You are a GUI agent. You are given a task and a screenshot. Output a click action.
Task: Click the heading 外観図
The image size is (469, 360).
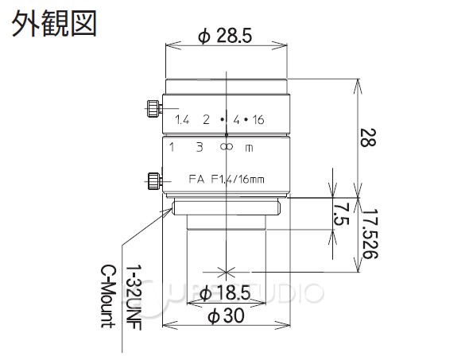click(x=53, y=22)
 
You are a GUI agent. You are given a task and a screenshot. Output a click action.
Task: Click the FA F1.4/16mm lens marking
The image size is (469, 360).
click(x=226, y=178)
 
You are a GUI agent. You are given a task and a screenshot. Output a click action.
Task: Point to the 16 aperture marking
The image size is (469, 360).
click(x=258, y=120)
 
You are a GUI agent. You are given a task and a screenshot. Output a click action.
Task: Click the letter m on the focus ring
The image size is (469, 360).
click(x=250, y=148)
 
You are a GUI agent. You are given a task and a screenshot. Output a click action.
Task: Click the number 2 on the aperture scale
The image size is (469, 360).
click(x=206, y=120)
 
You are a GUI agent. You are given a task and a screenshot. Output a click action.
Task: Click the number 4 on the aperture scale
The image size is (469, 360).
click(x=236, y=120)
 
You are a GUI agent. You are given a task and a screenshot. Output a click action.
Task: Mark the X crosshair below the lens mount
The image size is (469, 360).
click(x=227, y=268)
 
